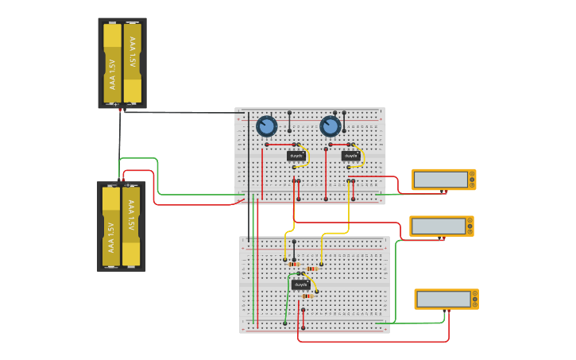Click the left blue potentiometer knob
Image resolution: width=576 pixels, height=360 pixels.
click(x=267, y=126)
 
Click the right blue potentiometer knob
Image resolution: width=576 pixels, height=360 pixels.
click(x=331, y=126)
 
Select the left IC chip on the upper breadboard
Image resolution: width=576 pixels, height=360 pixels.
click(x=296, y=156)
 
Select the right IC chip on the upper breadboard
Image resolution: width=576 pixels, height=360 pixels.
click(x=350, y=156)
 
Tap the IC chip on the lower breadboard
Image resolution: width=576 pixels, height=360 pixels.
click(x=300, y=285)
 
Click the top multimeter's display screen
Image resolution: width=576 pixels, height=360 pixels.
click(x=440, y=180)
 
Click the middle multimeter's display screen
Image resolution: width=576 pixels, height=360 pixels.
click(x=438, y=226)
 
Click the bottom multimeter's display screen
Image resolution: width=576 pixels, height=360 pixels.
click(x=443, y=299)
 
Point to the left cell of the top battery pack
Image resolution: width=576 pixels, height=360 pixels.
click(x=112, y=64)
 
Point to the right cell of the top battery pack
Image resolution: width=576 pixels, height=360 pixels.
click(x=133, y=64)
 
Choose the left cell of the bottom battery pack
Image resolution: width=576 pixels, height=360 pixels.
click(x=111, y=226)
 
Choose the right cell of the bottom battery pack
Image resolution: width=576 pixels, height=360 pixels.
click(x=131, y=226)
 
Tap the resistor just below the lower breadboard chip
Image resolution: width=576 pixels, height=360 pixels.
click(x=307, y=296)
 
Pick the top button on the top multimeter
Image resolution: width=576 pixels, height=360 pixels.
click(x=472, y=173)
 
